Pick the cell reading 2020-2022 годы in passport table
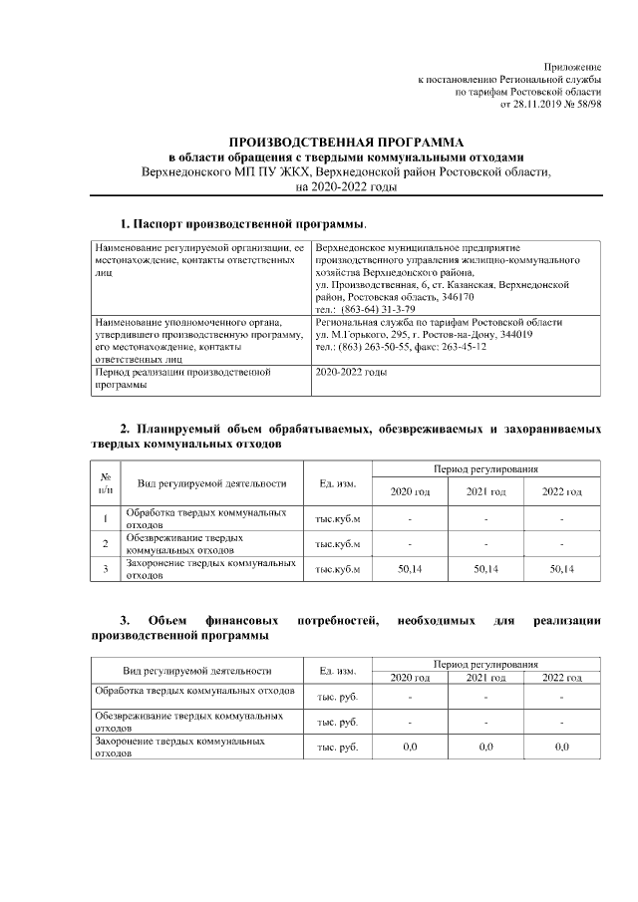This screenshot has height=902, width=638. (x=351, y=372)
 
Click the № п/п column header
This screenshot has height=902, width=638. (x=106, y=482)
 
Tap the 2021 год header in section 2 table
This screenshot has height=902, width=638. (x=485, y=491)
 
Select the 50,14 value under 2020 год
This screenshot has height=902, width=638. (x=410, y=569)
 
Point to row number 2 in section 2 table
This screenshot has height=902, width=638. (x=106, y=543)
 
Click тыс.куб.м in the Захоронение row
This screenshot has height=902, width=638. (x=337, y=569)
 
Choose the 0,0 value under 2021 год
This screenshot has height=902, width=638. (x=485, y=746)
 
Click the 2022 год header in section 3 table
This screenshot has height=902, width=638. (x=561, y=678)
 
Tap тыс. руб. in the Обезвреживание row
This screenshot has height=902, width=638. (x=337, y=721)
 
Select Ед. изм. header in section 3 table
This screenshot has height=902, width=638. (x=337, y=670)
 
